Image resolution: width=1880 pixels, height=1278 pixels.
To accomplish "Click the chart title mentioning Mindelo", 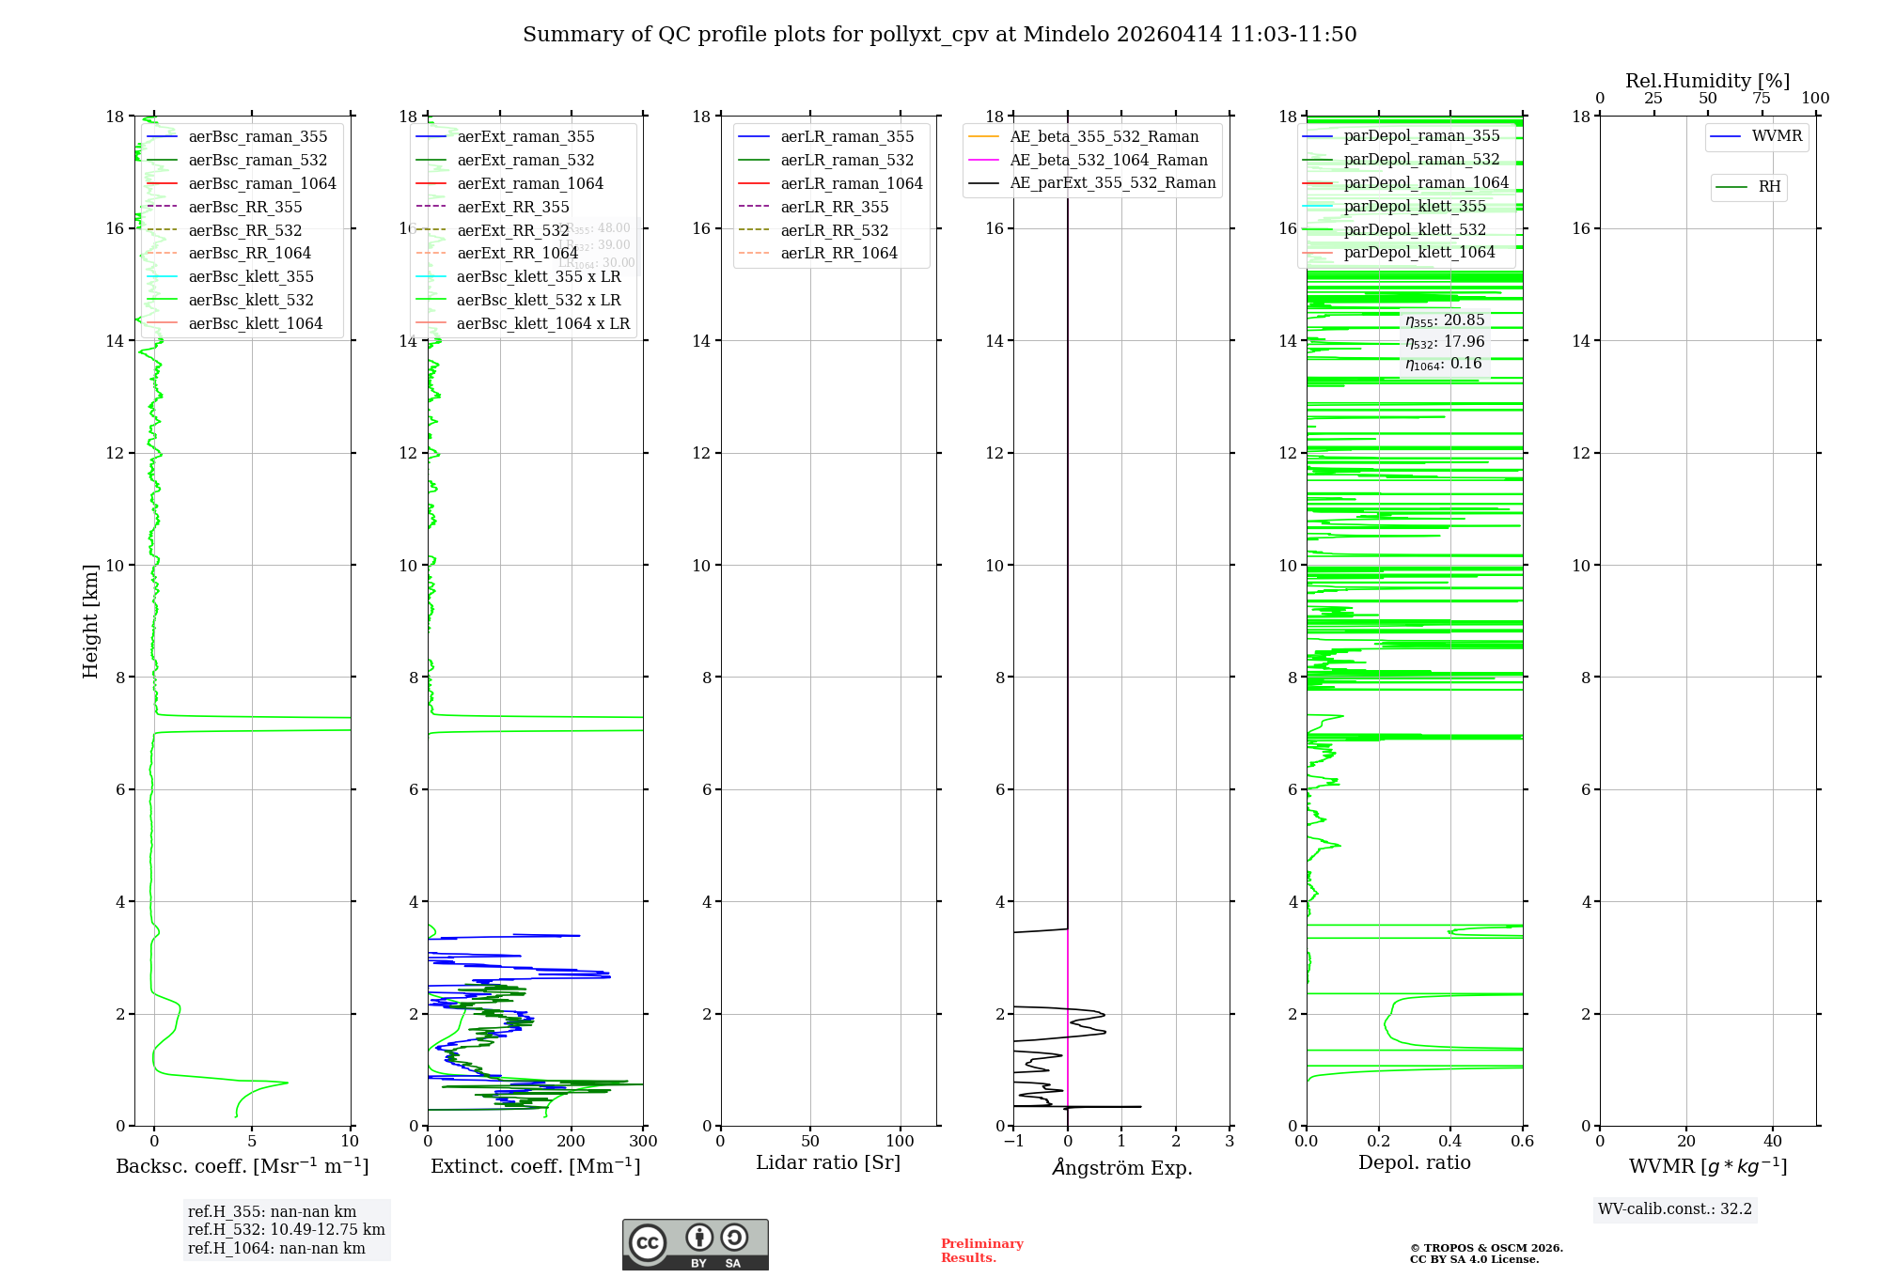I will (939, 35).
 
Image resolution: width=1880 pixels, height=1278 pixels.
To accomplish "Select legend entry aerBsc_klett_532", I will (250, 301).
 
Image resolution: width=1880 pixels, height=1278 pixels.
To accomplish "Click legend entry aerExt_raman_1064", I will (530, 184).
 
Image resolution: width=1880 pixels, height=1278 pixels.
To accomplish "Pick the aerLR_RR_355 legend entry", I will (834, 208).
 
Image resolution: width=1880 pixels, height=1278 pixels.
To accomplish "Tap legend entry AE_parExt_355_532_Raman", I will (1112, 183).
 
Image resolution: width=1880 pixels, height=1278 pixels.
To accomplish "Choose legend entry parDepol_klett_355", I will (1415, 207).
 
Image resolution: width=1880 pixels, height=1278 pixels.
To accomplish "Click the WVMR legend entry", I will (1777, 136).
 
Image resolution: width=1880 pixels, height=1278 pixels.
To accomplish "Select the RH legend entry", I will (1769, 187).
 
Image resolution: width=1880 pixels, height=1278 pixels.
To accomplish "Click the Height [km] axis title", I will (90, 621).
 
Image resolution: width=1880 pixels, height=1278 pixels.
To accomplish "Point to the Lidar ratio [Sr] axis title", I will (828, 1163).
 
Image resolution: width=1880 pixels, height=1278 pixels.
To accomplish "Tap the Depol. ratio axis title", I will (1414, 1163).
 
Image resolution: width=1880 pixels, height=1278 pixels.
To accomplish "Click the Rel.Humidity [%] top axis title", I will (1707, 81).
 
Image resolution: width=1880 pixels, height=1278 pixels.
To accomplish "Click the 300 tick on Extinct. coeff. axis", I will (643, 1142).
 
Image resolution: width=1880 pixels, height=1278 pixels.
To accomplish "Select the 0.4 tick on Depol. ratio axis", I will (1450, 1142).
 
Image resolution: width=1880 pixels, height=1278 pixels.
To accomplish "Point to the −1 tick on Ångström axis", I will (1013, 1142).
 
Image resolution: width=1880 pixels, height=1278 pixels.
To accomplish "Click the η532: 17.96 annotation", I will (1445, 342).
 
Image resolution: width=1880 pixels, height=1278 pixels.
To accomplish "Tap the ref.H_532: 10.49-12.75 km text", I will (286, 1230).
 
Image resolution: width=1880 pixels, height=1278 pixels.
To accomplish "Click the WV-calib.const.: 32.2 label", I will (1674, 1209).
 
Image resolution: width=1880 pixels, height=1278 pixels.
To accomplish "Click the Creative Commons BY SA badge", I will (695, 1244).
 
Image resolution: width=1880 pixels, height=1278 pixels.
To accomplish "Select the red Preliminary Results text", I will (981, 1251).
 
